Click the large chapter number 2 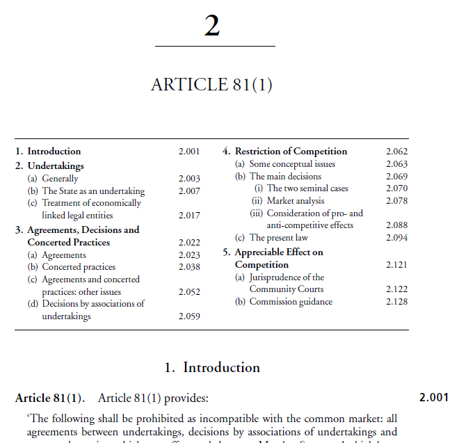213,26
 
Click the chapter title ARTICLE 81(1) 211,85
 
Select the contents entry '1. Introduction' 48,151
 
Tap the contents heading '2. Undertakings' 49,166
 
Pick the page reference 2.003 189,179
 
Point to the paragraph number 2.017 189,216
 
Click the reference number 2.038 189,266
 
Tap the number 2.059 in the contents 189,316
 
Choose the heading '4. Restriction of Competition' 284,151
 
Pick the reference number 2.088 396,225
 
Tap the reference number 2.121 396,265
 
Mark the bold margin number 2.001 434,398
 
